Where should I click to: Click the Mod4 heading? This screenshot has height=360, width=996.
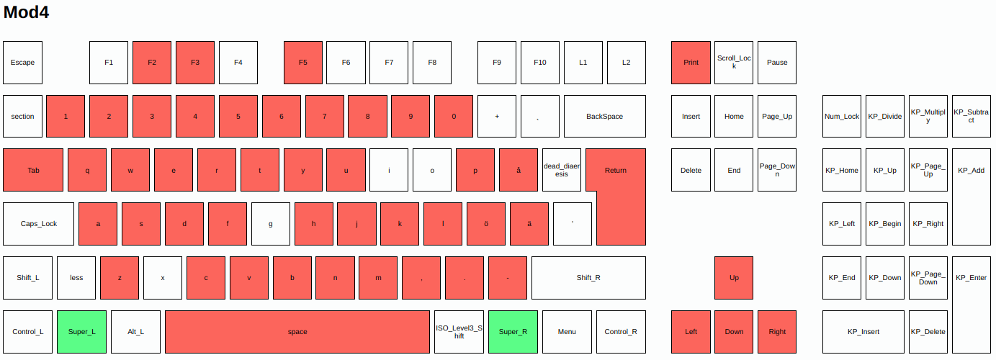26,12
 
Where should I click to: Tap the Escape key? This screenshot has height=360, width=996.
22,63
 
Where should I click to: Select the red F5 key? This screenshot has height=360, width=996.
302,63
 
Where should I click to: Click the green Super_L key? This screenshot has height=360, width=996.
81,332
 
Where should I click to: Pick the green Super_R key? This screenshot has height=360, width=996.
513,332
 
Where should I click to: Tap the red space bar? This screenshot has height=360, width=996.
297,332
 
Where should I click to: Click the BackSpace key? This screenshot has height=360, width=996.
604,117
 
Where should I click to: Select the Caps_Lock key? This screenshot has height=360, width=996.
39,224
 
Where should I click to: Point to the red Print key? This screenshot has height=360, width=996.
691,63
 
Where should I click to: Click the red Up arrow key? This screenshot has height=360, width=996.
734,278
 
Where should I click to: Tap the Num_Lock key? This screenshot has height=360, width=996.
842,117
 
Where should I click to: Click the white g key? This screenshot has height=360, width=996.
271,224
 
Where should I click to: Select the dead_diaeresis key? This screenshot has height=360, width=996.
561,170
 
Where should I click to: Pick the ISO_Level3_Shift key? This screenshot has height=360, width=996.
459,332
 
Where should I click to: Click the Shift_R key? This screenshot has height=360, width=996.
588,278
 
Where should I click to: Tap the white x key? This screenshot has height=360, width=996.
163,278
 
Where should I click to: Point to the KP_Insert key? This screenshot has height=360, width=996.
863,332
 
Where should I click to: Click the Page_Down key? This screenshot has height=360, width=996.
777,170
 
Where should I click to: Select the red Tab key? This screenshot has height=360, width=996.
33,170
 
